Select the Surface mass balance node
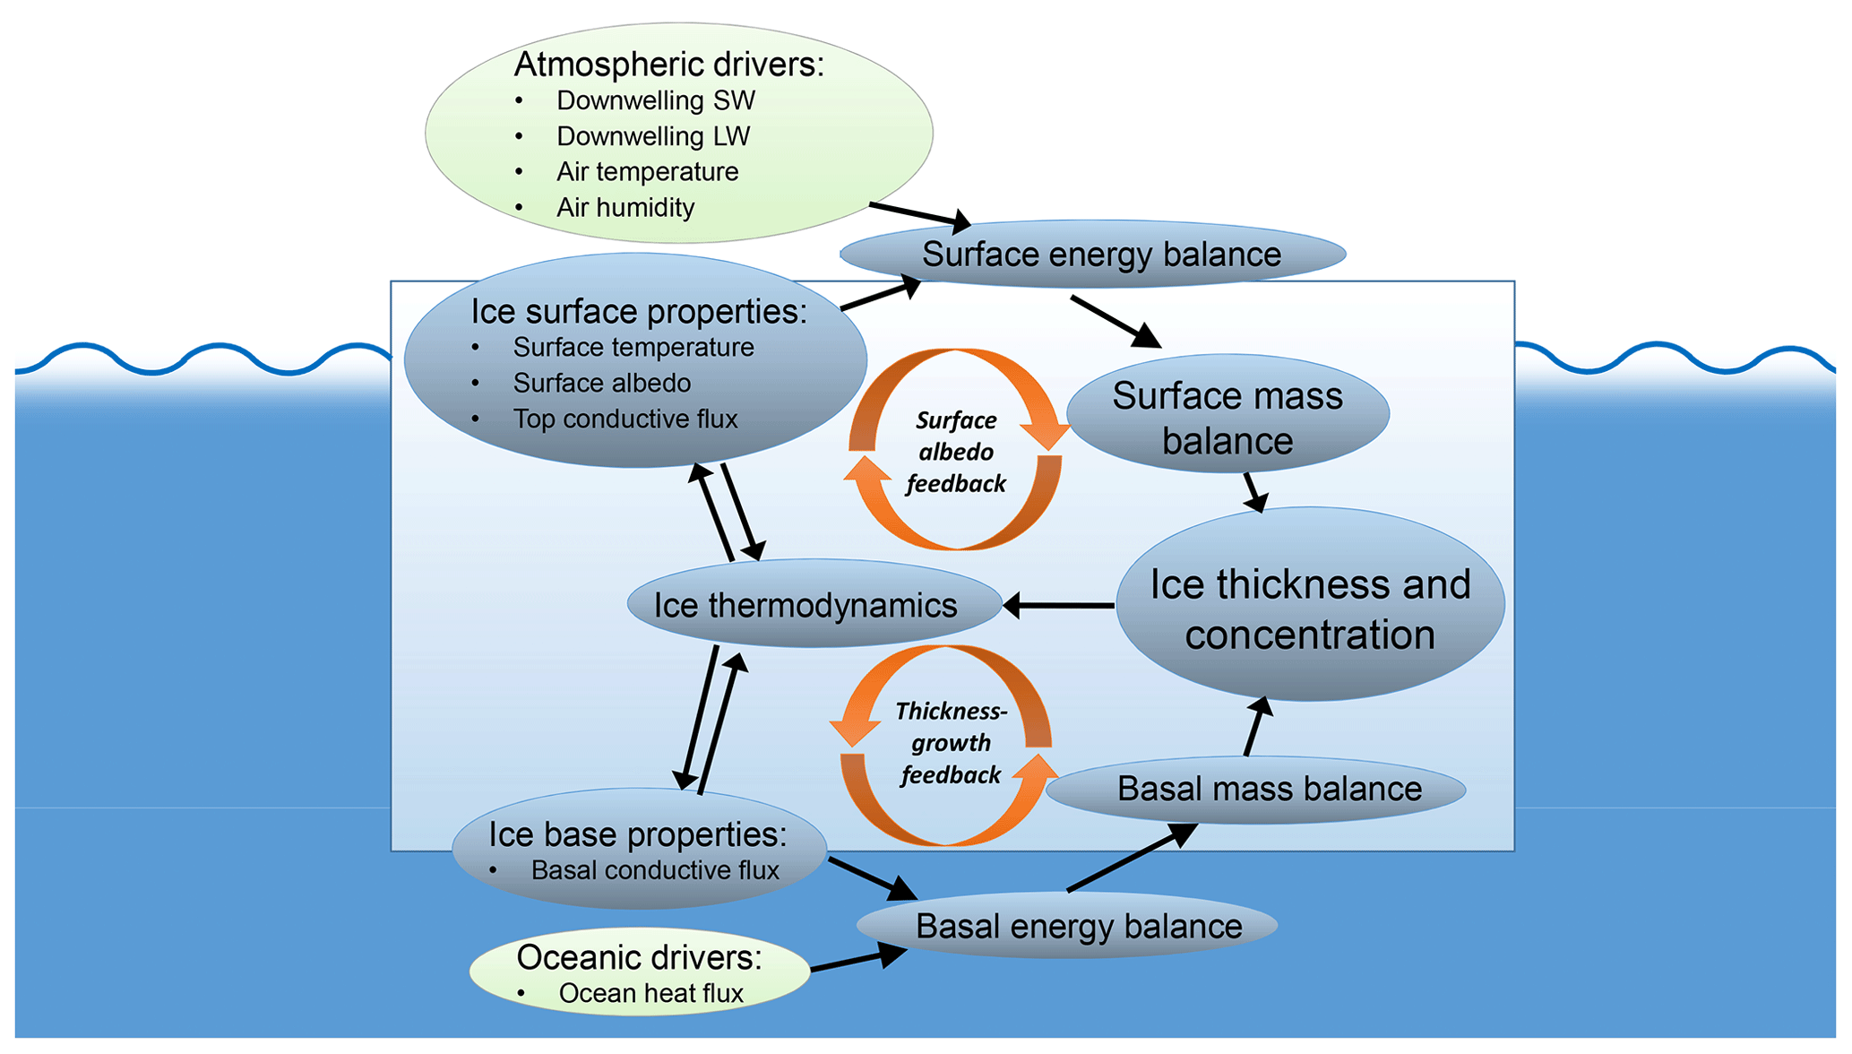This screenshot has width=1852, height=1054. pyautogui.click(x=1227, y=418)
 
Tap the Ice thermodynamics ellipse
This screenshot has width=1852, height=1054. pyautogui.click(x=805, y=606)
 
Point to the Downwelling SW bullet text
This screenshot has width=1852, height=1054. pyautogui.click(x=655, y=100)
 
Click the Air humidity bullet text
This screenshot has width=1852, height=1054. pyautogui.click(x=625, y=207)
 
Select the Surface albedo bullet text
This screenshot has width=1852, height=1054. pyautogui.click(x=601, y=383)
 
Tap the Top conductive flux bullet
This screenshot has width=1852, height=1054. pyautogui.click(x=625, y=419)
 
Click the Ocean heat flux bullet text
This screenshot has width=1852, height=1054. pyautogui.click(x=650, y=993)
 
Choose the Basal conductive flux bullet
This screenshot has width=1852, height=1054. pyautogui.click(x=654, y=870)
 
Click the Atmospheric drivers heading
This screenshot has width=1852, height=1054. pyautogui.click(x=668, y=65)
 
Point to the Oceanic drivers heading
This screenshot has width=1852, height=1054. pyautogui.click(x=639, y=957)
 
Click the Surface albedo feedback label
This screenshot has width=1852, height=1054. pyautogui.click(x=956, y=452)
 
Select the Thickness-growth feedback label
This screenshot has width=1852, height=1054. pyautogui.click(x=951, y=743)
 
